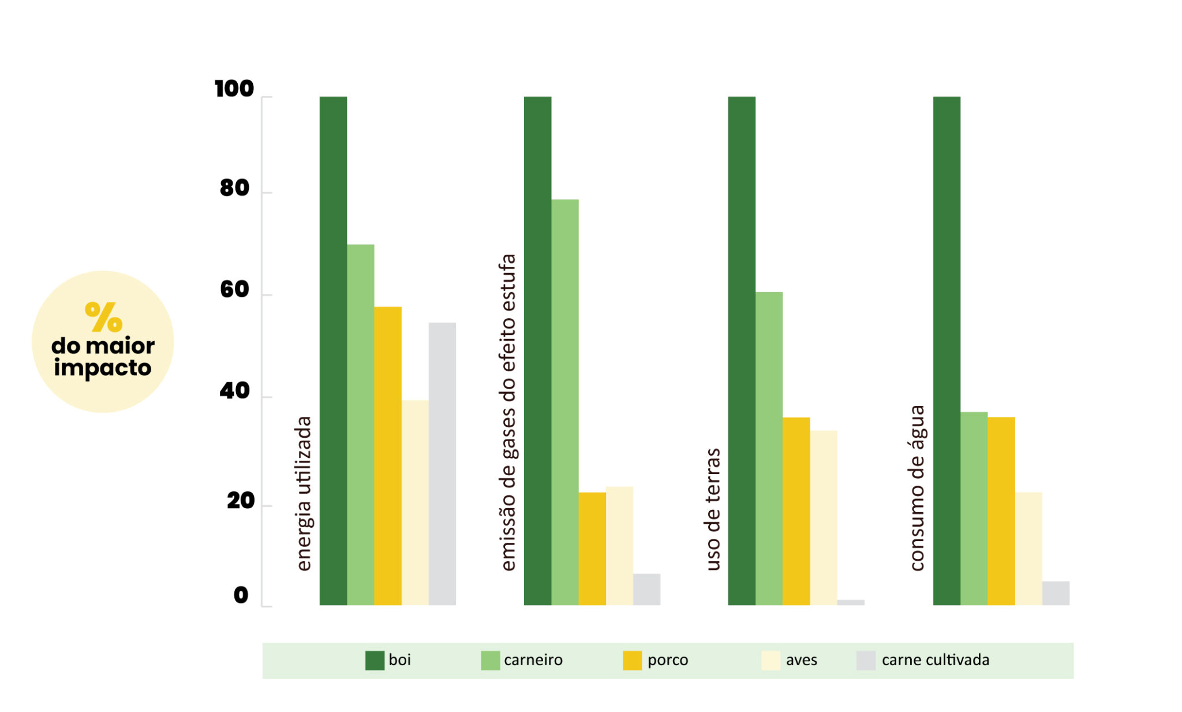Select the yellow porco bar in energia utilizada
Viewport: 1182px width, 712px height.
pos(388,456)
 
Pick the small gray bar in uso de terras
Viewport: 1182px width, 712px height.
pos(851,602)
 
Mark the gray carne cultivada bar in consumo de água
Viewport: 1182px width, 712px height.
pos(1056,593)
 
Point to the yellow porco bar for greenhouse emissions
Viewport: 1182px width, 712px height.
pos(592,549)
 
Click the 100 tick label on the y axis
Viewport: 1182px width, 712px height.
pos(234,89)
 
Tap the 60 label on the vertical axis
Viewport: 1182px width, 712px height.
pos(234,289)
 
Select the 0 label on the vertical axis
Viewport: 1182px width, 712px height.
pos(241,595)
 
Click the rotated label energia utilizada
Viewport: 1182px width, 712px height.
pos(304,494)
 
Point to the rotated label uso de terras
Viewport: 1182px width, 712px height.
pos(713,509)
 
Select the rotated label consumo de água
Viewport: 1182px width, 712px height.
pos(917,488)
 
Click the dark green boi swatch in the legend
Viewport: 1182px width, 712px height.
pos(375,660)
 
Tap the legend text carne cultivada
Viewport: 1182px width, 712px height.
pos(935,660)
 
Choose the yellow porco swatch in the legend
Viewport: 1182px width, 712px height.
pos(632,660)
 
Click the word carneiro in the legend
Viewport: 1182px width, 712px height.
pos(533,660)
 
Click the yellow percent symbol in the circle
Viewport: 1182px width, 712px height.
pos(104,316)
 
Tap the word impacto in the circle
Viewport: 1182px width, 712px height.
pos(103,368)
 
